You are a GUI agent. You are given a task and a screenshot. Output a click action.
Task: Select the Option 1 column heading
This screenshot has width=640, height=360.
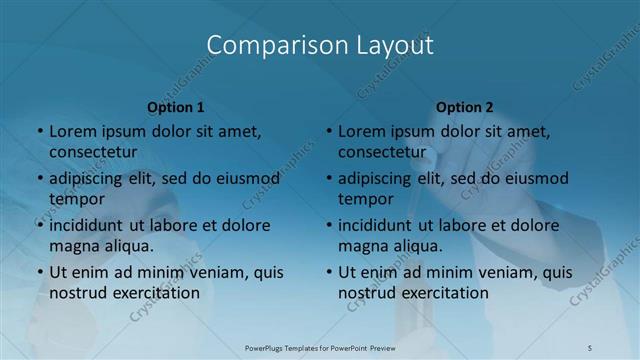coord(176,107)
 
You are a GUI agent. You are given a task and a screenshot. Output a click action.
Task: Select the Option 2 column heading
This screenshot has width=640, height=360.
coord(465,107)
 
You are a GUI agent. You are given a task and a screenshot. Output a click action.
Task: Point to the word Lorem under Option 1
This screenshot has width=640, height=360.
coord(72,131)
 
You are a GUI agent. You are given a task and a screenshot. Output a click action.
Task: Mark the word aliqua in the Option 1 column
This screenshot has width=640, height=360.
coord(127,245)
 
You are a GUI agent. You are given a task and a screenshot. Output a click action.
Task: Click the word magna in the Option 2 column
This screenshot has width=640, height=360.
coord(363,245)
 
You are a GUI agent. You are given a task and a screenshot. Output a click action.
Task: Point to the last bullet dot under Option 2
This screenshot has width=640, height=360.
coord(329,272)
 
